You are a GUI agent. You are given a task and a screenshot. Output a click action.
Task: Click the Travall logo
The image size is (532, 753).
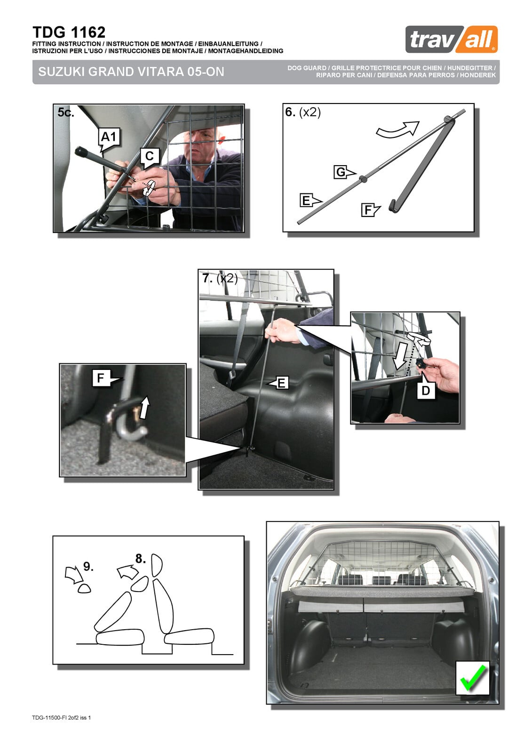(452, 40)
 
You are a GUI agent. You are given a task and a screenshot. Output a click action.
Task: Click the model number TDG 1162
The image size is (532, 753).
(69, 32)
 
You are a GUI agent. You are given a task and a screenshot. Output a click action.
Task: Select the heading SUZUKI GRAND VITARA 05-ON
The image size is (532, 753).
(131, 72)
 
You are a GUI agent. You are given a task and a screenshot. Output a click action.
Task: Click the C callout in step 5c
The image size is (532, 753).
(150, 157)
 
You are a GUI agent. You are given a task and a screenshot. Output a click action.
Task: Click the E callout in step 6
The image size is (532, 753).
(310, 200)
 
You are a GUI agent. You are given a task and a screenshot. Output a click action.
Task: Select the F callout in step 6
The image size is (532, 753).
(370, 210)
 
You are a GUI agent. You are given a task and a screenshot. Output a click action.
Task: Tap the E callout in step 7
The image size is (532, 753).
(278, 383)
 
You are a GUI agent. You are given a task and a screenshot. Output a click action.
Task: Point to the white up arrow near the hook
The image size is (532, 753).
(144, 407)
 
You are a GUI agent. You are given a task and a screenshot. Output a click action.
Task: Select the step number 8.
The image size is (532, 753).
(141, 559)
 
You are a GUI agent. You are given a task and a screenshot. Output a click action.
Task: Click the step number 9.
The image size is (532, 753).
(88, 567)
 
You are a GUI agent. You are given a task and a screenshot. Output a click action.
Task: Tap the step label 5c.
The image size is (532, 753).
(65, 112)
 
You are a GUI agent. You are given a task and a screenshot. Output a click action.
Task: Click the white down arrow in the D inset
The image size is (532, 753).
(401, 356)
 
